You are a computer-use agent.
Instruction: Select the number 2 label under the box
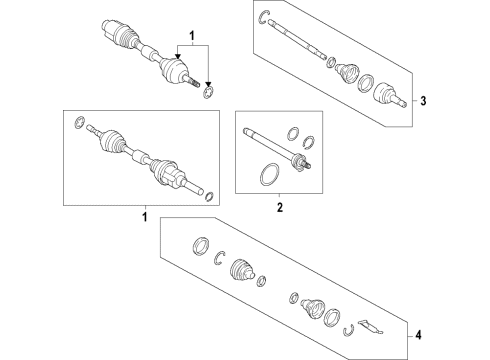[x=280, y=208]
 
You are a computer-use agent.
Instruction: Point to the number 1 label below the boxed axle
[x=144, y=216]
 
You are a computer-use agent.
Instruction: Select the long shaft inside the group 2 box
[x=270, y=143]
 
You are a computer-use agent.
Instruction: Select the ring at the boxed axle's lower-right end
[x=206, y=194]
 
